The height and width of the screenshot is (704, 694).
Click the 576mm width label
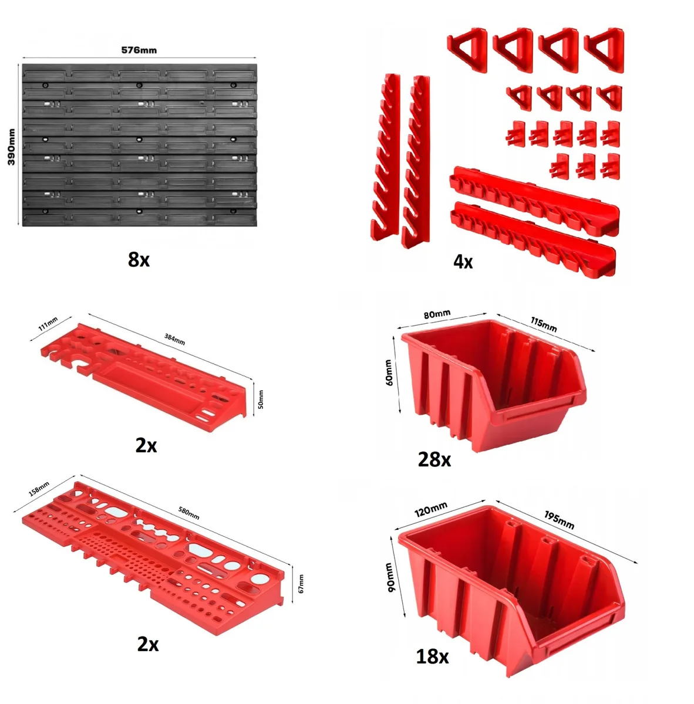[139, 50]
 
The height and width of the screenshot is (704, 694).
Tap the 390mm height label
[11, 147]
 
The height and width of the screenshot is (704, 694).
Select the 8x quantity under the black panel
[139, 260]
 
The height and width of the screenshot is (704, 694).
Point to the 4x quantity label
[463, 262]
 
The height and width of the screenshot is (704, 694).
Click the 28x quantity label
[434, 459]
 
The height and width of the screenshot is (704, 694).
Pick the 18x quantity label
[432, 656]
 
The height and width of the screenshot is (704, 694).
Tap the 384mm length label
[174, 340]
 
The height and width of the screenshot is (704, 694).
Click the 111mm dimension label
[48, 324]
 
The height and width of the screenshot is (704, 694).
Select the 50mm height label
[261, 400]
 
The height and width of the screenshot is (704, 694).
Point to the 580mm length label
[188, 513]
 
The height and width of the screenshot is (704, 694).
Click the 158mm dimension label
[39, 489]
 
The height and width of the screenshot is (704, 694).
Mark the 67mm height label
[301, 584]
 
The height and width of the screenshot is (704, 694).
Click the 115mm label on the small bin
[544, 324]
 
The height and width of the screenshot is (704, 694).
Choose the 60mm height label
[389, 373]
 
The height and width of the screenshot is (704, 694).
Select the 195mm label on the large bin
[559, 520]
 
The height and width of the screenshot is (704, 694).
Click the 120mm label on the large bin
[431, 509]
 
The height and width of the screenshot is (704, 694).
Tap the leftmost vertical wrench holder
[385, 157]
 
